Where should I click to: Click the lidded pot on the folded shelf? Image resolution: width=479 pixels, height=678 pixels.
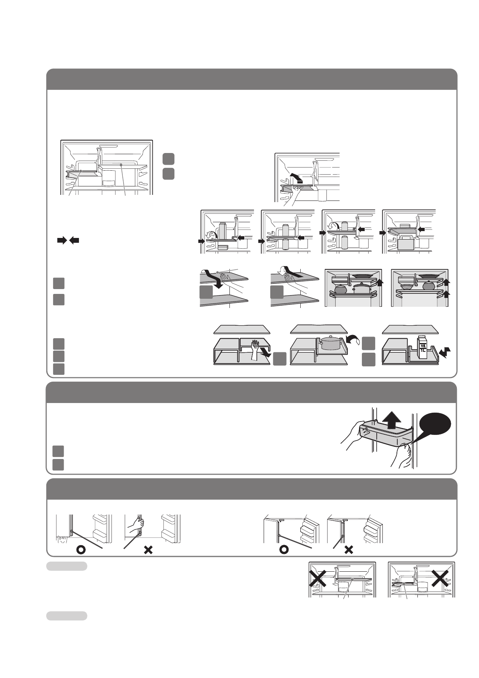(331, 343)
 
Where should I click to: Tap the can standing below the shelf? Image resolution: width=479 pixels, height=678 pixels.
(287, 244)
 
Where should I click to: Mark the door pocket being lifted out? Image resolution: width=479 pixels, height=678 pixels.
(386, 433)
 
